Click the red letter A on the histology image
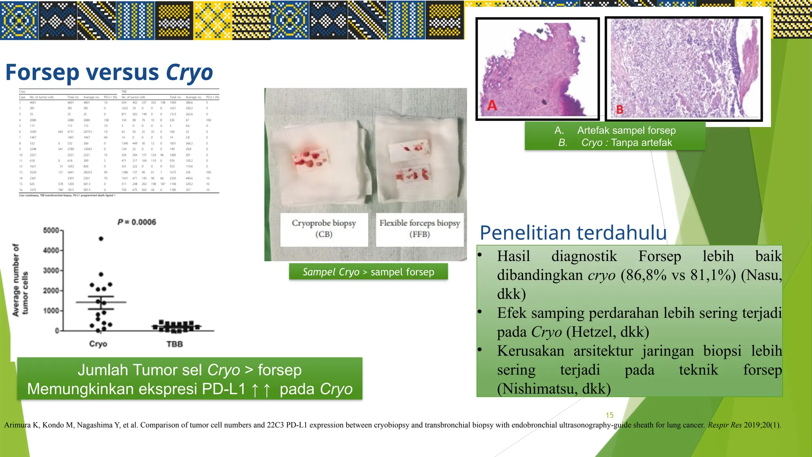pos(492,106)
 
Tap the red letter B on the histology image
pos(620,109)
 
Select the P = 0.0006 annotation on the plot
pos(137,222)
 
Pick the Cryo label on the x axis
pos(98,344)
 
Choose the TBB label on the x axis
pos(174,344)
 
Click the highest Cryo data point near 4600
pos(101,239)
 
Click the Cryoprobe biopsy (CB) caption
pos(324,228)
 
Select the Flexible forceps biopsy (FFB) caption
pos(419,228)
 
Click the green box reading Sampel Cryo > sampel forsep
pos(368,272)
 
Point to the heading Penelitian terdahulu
pos(573,233)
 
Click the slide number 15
pos(609,415)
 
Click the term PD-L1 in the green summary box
pos(224,389)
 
